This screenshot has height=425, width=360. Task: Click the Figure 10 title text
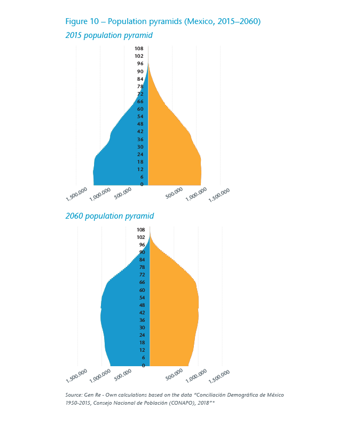(163, 21)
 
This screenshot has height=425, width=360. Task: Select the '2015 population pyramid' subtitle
(109, 35)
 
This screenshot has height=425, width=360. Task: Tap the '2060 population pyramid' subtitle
(109, 216)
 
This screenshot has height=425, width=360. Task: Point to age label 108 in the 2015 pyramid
(139, 49)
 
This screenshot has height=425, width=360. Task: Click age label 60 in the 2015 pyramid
(140, 109)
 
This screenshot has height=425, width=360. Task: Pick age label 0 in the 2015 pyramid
(142, 184)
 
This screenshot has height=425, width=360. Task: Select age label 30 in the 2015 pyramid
(140, 146)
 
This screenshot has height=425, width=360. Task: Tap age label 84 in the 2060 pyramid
(142, 260)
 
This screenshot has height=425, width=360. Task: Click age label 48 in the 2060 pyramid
(142, 305)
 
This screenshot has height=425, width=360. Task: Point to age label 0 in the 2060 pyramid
(143, 366)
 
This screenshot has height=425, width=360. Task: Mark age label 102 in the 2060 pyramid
(140, 237)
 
